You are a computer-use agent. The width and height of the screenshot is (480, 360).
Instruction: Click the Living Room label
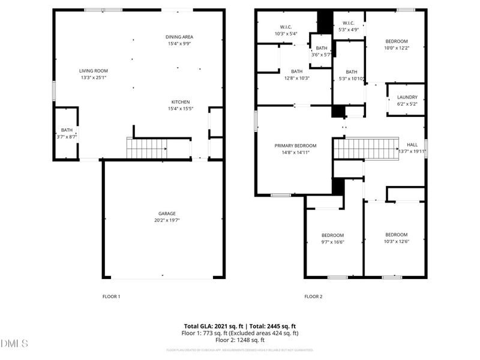(94, 71)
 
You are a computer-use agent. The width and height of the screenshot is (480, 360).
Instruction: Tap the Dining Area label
(179, 37)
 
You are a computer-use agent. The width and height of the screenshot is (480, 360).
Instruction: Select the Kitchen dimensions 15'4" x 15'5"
(181, 109)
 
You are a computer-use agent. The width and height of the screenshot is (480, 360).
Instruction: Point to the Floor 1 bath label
(66, 130)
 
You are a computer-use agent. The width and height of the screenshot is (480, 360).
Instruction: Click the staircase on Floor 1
(146, 148)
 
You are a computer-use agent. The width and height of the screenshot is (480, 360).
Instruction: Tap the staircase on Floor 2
(366, 148)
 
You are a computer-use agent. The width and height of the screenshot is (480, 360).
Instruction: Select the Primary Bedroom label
(295, 146)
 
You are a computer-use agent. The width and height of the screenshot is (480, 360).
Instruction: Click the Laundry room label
(407, 97)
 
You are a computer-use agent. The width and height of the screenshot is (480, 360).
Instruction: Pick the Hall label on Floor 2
(412, 145)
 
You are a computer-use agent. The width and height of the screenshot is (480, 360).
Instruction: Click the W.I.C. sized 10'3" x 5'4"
(286, 27)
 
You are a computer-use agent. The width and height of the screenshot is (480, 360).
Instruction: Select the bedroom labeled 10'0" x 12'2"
(396, 41)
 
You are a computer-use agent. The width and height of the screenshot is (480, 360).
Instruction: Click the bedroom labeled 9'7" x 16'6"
(332, 235)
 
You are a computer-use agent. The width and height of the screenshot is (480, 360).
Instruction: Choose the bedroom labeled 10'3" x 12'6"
(396, 235)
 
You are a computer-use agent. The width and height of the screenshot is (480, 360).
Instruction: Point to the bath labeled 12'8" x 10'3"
(296, 71)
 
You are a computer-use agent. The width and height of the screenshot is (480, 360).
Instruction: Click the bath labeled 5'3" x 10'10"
(351, 72)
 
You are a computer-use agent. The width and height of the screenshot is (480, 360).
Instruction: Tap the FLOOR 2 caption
(313, 296)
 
